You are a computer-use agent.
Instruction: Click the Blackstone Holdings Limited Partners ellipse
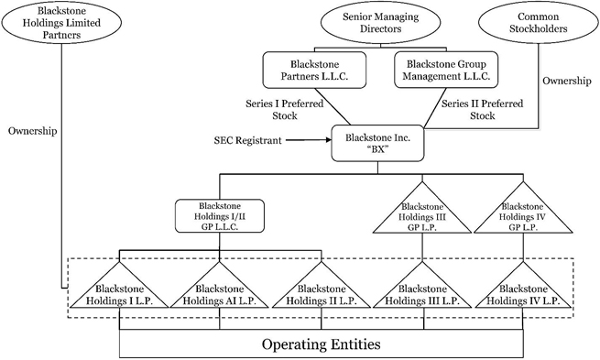(61, 23)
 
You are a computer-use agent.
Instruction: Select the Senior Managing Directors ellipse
(380, 23)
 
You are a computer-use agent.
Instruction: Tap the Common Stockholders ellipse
(539, 23)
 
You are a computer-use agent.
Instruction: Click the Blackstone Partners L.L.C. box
(314, 70)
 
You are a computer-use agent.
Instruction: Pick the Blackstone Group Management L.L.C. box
(446, 70)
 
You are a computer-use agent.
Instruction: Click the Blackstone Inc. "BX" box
(377, 143)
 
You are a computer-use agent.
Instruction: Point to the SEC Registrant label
(247, 140)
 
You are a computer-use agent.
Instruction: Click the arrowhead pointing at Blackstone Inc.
(328, 140)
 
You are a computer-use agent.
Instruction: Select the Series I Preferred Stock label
(284, 109)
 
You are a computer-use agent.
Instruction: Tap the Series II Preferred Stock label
(482, 109)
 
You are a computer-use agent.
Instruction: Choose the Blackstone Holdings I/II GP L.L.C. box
(220, 216)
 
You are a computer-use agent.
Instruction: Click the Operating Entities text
(321, 344)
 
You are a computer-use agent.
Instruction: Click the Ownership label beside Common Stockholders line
(567, 81)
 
